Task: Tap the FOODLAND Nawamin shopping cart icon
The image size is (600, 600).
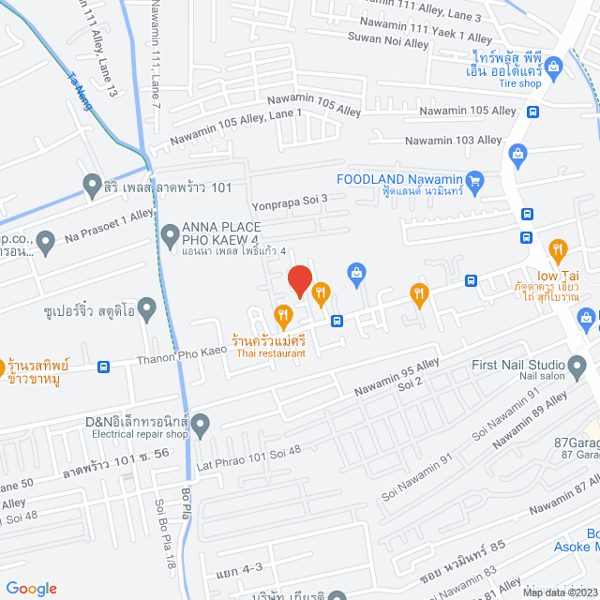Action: (473, 180)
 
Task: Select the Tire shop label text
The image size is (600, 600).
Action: (518, 83)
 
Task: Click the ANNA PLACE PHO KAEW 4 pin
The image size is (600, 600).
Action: (170, 233)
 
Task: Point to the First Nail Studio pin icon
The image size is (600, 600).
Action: (577, 365)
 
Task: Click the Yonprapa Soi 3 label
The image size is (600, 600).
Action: (289, 199)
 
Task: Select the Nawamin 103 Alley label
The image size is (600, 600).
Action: (453, 141)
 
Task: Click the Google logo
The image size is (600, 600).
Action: (30, 588)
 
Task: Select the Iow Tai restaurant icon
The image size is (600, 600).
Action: (560, 249)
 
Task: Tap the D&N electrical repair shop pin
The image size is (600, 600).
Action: (202, 424)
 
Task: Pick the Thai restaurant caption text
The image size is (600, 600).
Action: (271, 353)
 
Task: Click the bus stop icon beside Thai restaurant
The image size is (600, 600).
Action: (336, 320)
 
